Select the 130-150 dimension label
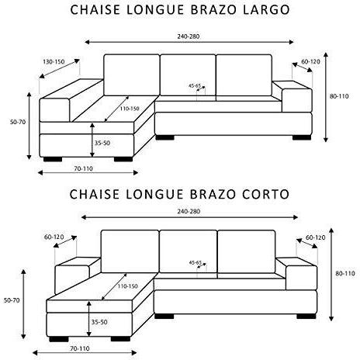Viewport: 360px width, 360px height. pyautogui.click(x=54, y=62)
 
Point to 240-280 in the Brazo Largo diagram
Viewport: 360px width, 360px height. pyautogui.click(x=189, y=36)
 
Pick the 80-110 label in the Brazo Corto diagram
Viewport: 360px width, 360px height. pyautogui.click(x=345, y=273)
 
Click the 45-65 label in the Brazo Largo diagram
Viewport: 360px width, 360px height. pyautogui.click(x=195, y=85)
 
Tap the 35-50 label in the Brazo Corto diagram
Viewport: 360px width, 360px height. pyautogui.click(x=99, y=322)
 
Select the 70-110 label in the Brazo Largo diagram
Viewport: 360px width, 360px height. pyautogui.click(x=83, y=168)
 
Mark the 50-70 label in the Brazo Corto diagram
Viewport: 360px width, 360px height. pyautogui.click(x=12, y=300)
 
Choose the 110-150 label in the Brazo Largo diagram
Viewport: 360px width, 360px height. pyautogui.click(x=130, y=109)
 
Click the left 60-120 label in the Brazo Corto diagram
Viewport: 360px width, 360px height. pyautogui.click(x=54, y=237)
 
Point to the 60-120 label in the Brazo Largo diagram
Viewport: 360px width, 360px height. pyautogui.click(x=310, y=62)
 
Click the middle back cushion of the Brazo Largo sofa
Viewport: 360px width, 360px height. pyautogui.click(x=188, y=75)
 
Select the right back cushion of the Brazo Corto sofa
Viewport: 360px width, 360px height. pyautogui.click(x=247, y=251)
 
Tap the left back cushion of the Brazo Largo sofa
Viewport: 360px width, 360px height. pyautogui.click(x=132, y=75)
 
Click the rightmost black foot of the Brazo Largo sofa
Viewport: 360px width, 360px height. pyautogui.click(x=302, y=137)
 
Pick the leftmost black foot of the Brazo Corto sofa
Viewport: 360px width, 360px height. pyautogui.click(x=59, y=339)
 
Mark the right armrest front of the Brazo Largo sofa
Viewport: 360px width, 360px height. pyautogui.click(x=297, y=100)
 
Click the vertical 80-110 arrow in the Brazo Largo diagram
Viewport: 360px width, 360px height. pyautogui.click(x=326, y=97)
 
